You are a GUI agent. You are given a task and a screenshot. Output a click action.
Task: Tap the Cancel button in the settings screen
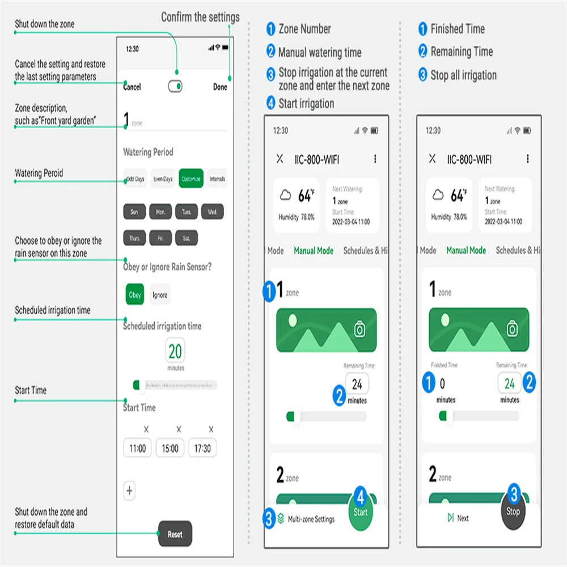[x=132, y=87]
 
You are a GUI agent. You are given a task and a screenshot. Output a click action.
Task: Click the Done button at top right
[x=220, y=87]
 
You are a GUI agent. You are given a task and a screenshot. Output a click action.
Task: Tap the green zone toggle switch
[x=175, y=86]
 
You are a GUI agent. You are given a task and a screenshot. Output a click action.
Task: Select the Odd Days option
[x=135, y=179]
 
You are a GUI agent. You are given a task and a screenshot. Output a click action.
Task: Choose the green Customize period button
[x=191, y=179]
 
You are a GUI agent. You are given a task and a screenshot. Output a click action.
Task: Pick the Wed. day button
[x=213, y=212]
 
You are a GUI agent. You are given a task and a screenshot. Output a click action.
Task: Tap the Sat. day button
[x=186, y=239]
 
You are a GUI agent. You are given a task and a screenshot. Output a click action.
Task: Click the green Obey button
[x=135, y=295]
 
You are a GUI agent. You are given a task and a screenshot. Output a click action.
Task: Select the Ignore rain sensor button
[x=160, y=295]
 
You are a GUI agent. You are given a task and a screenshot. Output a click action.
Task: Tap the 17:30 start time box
[x=202, y=448]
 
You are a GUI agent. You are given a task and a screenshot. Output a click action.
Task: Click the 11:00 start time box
[x=137, y=448]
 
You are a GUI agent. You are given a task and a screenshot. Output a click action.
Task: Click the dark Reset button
[x=175, y=534]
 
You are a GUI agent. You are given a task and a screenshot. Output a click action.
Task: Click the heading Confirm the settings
[x=200, y=17]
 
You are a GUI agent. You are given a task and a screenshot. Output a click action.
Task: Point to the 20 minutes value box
[x=175, y=352]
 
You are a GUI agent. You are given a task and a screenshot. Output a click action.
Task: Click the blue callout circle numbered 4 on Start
[x=361, y=497]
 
